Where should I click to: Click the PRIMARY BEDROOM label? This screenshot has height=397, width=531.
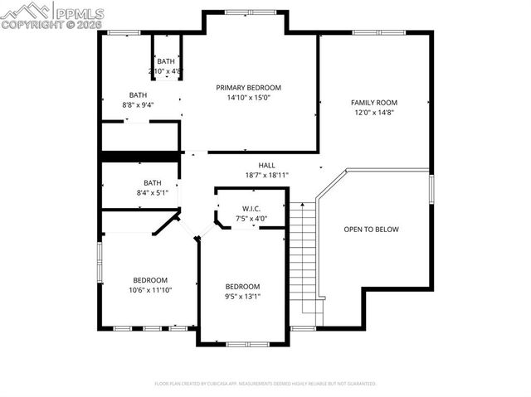[248, 87]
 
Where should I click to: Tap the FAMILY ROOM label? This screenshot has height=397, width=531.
[374, 102]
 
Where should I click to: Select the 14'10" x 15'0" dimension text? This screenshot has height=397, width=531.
[248, 97]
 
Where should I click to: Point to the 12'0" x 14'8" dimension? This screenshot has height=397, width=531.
[374, 112]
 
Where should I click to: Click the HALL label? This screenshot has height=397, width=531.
[266, 165]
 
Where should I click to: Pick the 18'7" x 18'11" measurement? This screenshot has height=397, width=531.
[266, 175]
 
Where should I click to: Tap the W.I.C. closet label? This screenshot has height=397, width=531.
[252, 209]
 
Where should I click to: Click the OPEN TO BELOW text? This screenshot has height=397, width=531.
[371, 230]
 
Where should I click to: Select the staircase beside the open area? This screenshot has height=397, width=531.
[304, 257]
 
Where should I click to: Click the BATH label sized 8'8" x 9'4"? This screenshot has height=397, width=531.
[138, 94]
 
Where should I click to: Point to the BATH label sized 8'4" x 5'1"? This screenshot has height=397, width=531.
[152, 182]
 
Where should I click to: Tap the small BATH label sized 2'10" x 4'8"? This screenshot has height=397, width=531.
[166, 61]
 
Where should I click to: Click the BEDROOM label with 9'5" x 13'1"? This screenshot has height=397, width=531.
[242, 287]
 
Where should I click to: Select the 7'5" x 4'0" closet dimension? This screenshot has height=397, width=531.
[252, 219]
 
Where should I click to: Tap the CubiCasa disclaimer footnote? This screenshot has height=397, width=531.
[265, 384]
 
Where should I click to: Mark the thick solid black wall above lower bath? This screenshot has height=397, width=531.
[140, 156]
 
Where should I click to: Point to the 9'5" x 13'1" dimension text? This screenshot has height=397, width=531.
[242, 297]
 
